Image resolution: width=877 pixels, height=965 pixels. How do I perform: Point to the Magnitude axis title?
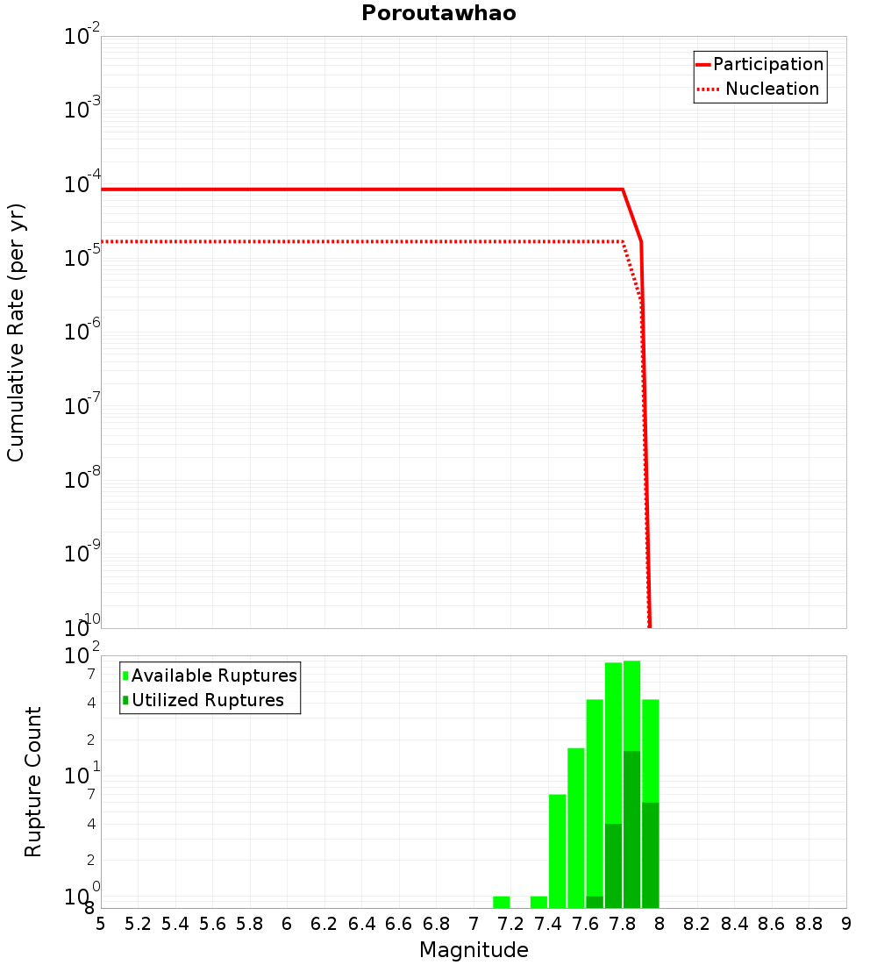474,950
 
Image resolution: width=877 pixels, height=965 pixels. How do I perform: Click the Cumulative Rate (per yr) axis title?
16,332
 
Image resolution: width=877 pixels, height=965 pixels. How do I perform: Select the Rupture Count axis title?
33,782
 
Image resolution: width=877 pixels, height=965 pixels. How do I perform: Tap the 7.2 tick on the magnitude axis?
510,924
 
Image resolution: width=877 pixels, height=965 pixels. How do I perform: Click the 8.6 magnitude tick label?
772,924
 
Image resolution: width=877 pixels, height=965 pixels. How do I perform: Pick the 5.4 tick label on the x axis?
175,924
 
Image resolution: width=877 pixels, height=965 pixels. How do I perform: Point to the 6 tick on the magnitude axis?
287,924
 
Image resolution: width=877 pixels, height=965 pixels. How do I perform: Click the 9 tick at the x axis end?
845,924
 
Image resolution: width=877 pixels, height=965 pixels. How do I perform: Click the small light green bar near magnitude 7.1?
502,902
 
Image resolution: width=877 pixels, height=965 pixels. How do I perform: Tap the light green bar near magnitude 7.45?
557,851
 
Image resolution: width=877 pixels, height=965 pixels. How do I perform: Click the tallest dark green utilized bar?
631,830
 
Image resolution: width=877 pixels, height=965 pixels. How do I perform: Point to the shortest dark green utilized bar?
595,902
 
